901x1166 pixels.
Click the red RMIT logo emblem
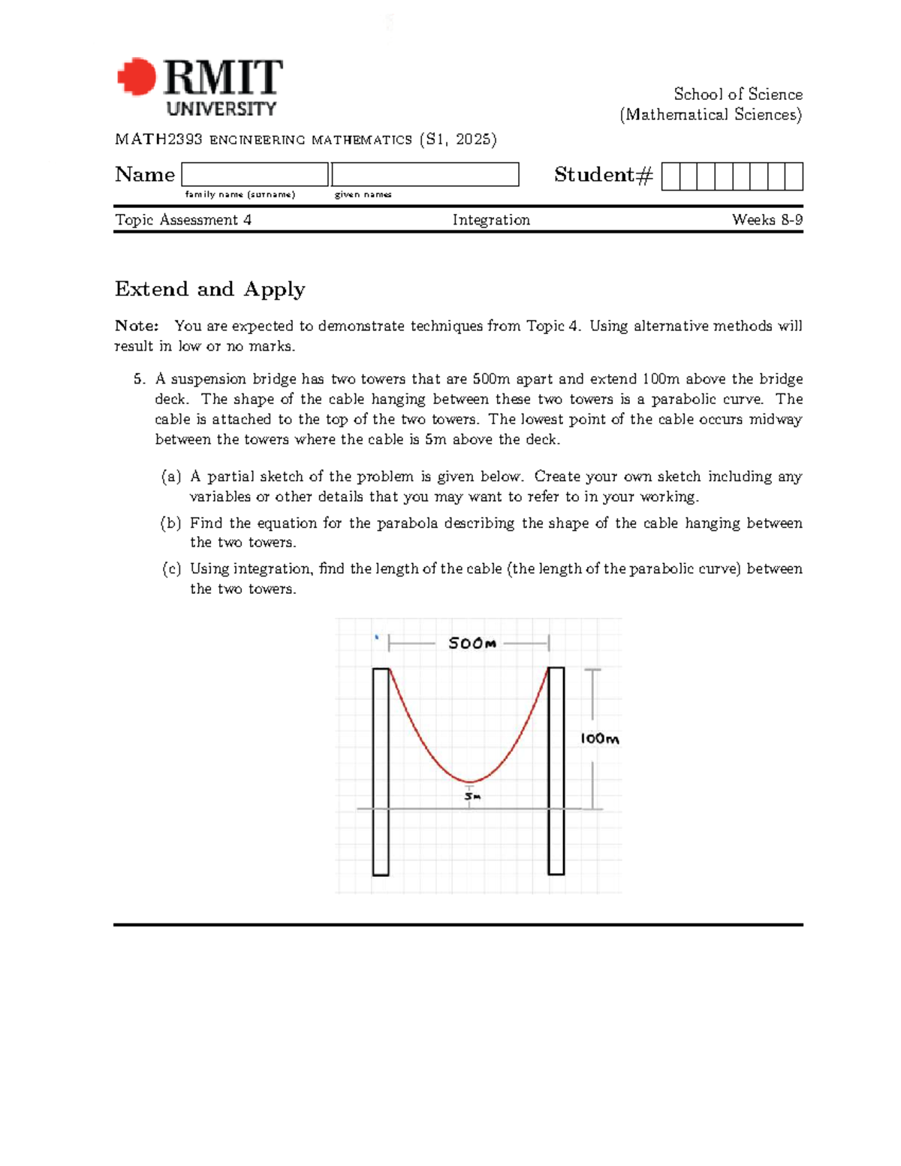[137, 77]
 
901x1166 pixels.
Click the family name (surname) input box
[255, 174]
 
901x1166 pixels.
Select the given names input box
[425, 174]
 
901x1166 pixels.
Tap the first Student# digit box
[670, 176]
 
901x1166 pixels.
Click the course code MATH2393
[158, 140]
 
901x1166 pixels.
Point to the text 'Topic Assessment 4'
[183, 220]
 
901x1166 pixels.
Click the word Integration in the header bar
[491, 220]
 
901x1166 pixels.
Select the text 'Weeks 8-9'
[767, 220]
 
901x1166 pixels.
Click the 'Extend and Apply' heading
[209, 289]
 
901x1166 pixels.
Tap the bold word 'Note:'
[137, 326]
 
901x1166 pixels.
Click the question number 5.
[139, 379]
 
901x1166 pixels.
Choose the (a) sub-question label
[171, 477]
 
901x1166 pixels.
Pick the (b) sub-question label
[171, 523]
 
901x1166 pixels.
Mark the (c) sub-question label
[171, 569]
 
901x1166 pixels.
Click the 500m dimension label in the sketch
[472, 643]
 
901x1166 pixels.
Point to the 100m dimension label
[599, 739]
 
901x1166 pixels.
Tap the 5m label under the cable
[472, 796]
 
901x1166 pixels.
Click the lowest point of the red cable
[469, 782]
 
